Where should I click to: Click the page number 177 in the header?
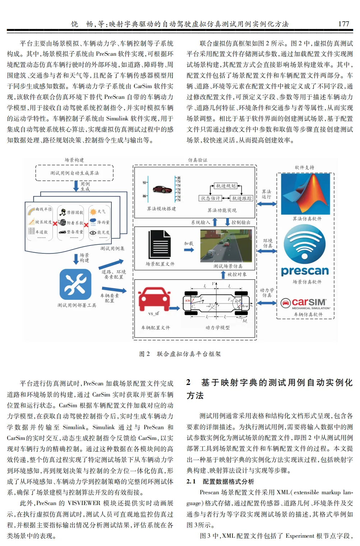343,24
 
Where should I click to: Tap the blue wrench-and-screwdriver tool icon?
75,285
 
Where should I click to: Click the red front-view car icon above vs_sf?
154,298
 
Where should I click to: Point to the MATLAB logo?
306,194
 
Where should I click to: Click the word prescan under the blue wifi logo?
305,271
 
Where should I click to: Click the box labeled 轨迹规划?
226,186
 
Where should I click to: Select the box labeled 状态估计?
211,198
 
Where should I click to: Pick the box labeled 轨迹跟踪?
242,198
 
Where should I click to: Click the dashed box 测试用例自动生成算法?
74,173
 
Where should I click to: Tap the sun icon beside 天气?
93,212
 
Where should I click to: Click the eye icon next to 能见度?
93,233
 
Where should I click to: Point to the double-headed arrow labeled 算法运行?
267,204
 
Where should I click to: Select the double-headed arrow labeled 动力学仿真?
267,303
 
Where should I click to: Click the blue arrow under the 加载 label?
189,250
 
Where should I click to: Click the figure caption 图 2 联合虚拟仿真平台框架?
180,354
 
